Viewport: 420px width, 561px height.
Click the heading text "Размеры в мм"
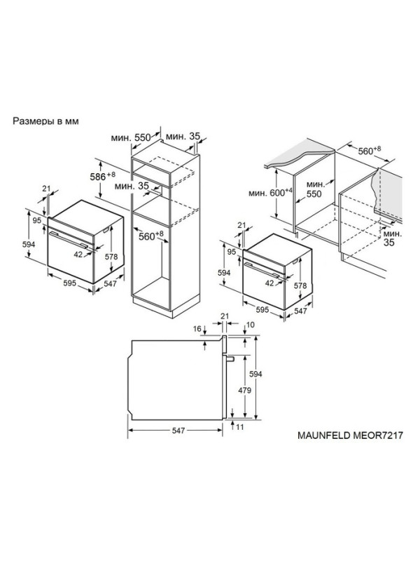(45, 121)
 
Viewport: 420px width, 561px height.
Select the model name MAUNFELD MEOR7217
(351, 435)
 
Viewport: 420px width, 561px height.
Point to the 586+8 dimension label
(102, 176)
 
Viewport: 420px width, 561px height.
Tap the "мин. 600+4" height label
(270, 193)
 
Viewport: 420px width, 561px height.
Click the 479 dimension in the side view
(244, 390)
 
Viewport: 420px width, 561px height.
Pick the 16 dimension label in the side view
(197, 329)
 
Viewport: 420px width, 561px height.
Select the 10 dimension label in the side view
(251, 325)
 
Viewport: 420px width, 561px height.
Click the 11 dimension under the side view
(239, 427)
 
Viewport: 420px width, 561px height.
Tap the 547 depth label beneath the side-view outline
(178, 431)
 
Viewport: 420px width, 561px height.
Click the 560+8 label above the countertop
(370, 150)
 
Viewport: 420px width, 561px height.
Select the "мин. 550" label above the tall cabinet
(131, 137)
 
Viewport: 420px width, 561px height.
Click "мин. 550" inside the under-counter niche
(314, 189)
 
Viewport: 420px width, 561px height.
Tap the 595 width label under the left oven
(69, 283)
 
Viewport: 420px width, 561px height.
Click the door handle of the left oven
(69, 240)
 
